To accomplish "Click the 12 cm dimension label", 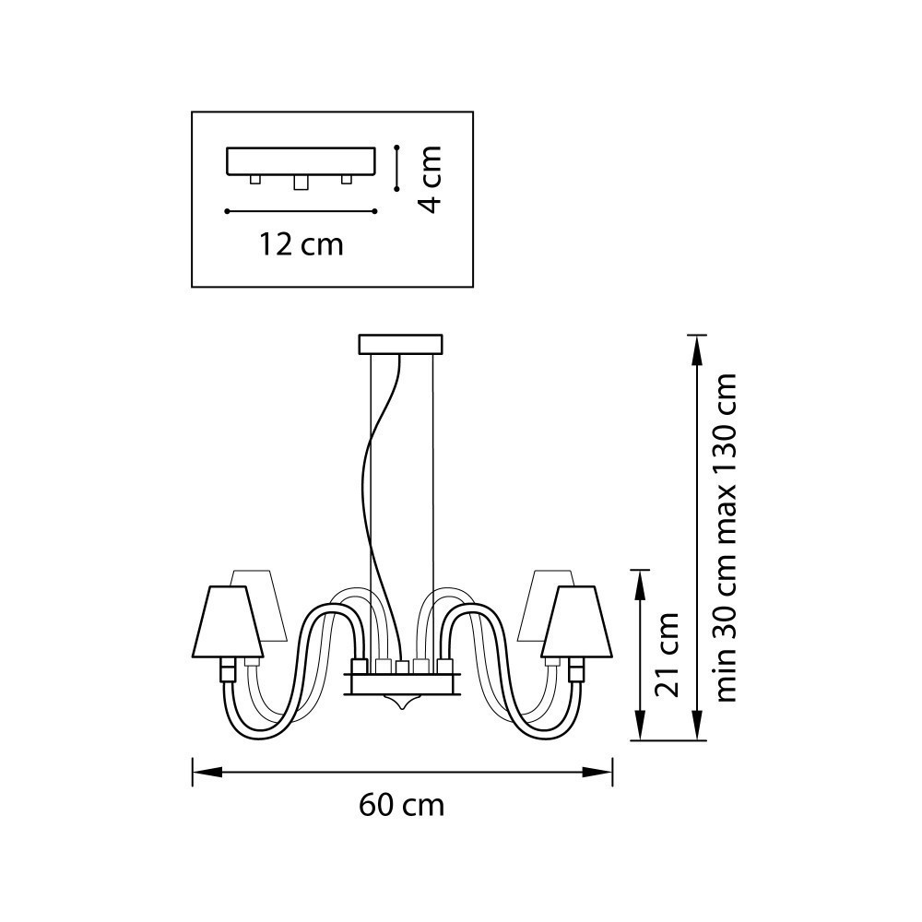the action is [301, 244].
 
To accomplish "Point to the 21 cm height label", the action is [667, 655].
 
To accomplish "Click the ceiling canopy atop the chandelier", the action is [400, 345].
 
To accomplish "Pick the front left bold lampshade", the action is [227, 621].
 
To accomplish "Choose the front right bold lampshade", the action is [577, 621].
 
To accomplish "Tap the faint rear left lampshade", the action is [261, 605].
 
